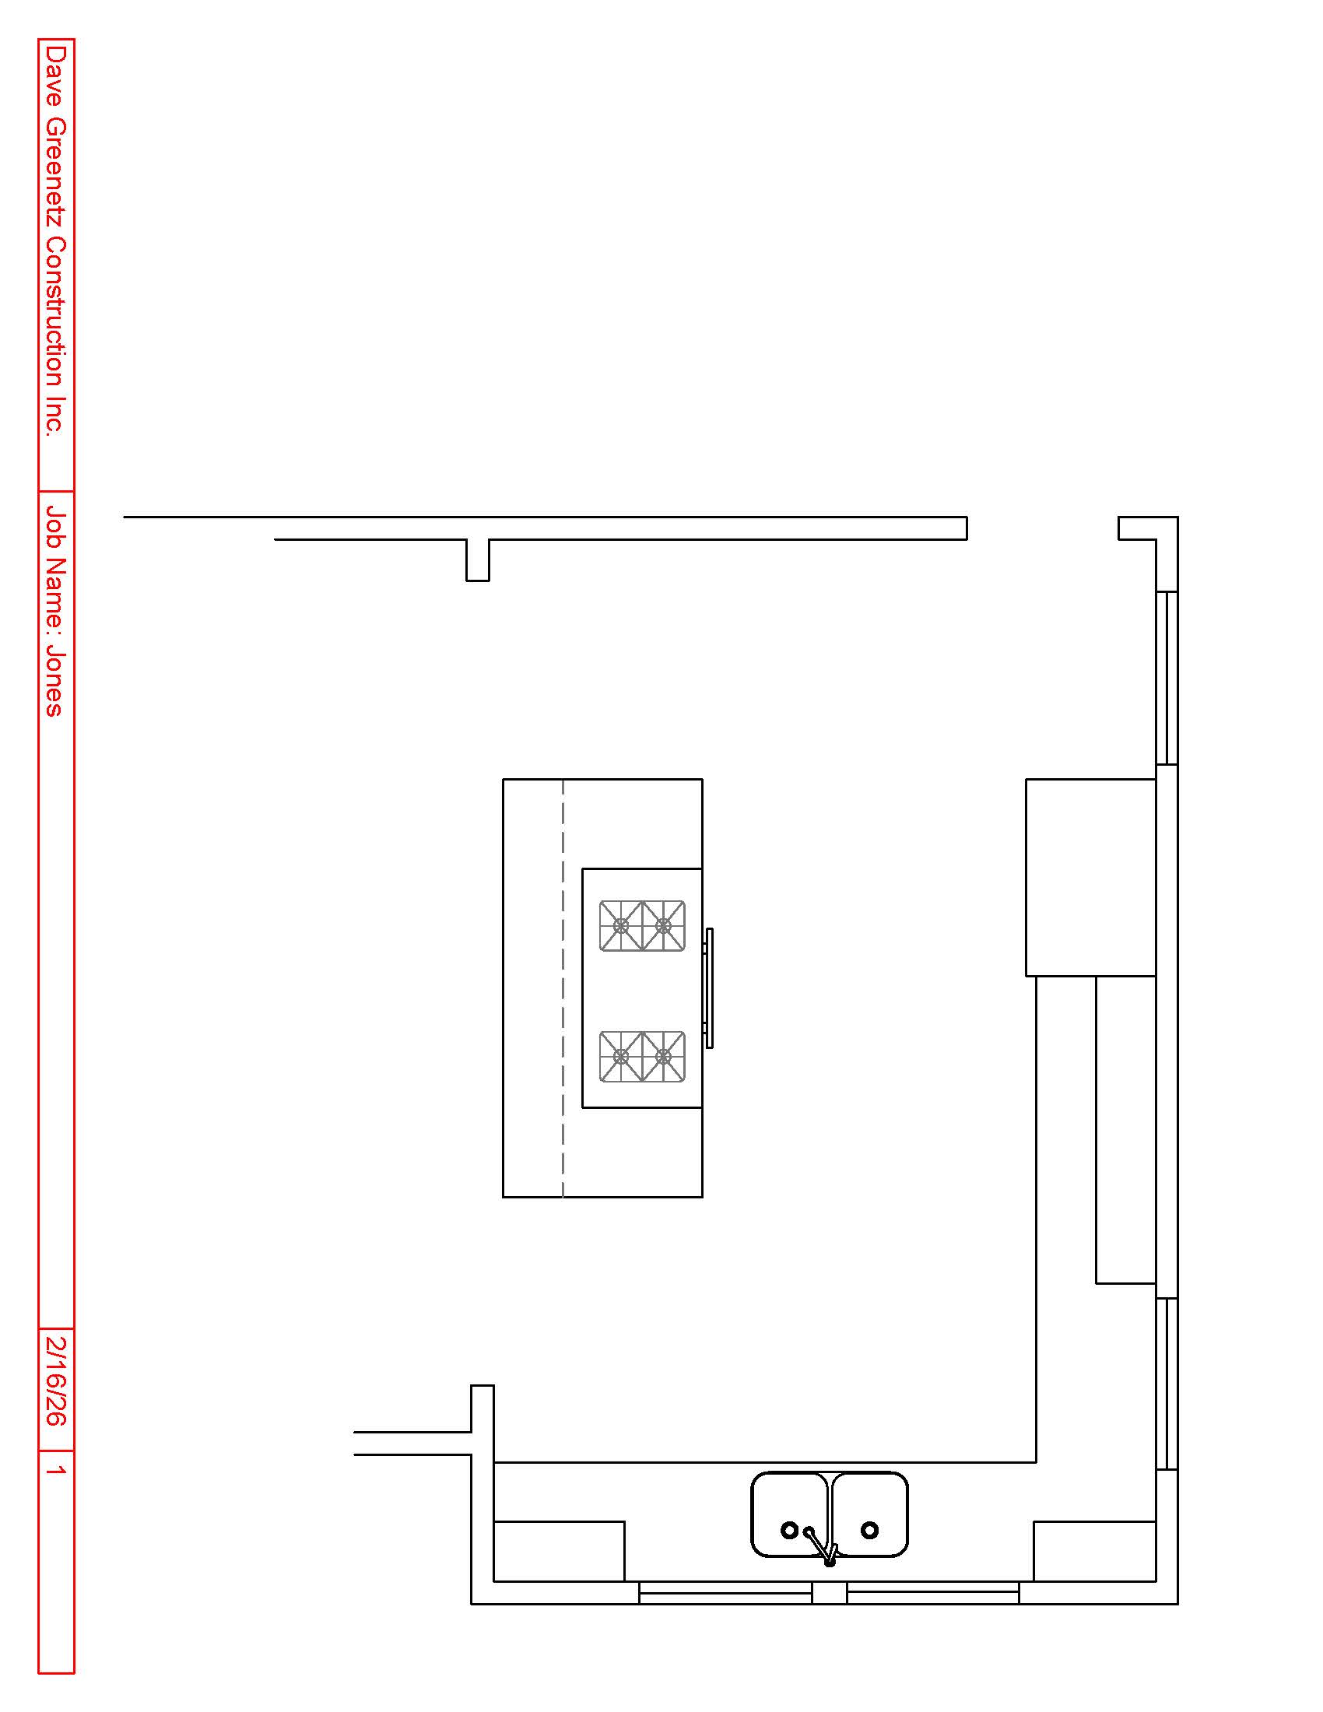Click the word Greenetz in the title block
coord(56,171)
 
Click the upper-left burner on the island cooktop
coord(621,926)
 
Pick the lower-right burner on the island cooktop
coord(664,1057)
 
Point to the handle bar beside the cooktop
coord(709,988)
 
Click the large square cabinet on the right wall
coord(1091,877)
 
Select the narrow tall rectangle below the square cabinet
coord(1125,1130)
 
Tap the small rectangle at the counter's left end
coord(559,1551)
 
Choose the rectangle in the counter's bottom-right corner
coord(1095,1551)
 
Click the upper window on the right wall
coord(1167,678)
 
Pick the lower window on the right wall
coord(1167,1384)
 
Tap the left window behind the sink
coord(725,1593)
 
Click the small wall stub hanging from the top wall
coord(477,560)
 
